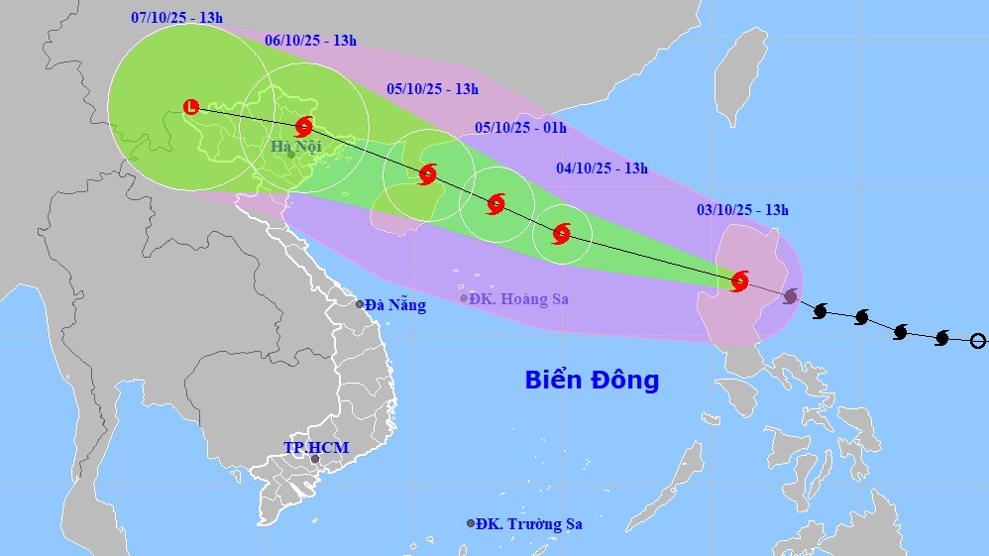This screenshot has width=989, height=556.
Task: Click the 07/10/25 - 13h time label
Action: point(176,18)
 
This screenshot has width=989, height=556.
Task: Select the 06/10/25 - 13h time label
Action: point(311,41)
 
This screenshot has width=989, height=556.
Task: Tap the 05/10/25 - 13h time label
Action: point(432,89)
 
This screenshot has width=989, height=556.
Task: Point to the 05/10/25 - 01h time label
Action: point(520,127)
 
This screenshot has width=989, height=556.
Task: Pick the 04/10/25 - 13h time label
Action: point(602,168)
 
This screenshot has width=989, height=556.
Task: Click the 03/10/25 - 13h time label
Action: point(742,209)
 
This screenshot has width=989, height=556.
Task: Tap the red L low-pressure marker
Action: point(191,106)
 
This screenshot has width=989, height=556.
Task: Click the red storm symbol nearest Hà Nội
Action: point(304,126)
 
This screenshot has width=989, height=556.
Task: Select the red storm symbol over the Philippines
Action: point(739,280)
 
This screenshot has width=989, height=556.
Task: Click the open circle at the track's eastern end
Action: point(978,341)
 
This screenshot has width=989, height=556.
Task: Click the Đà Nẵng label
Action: point(395,305)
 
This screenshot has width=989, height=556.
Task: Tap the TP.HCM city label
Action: point(316,448)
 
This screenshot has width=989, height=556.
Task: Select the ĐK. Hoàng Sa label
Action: point(519,299)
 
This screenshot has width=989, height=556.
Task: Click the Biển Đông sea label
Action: point(592,380)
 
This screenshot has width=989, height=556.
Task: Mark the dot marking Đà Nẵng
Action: point(361,304)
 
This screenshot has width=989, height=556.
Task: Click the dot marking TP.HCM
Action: point(315,459)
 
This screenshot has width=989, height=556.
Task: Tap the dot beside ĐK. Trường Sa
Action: point(471,523)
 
